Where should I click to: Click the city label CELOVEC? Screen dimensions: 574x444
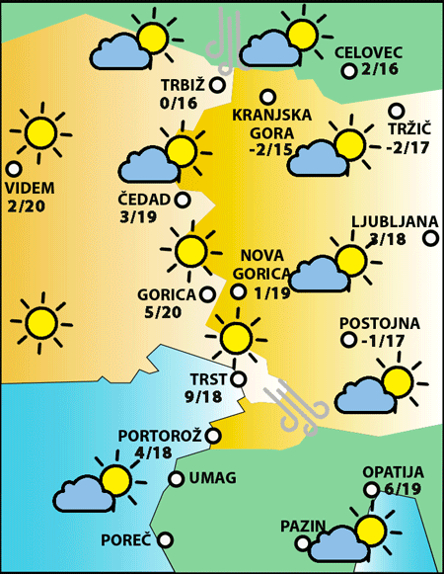point(368,52)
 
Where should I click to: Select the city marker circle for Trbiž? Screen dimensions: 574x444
point(217,85)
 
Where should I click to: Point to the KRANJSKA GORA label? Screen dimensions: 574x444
point(271,123)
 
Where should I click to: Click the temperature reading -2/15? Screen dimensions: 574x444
point(271,149)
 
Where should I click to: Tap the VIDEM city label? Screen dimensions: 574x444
point(30,188)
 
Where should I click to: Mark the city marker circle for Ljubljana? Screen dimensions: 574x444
point(431,237)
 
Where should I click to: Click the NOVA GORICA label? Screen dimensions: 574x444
point(262,263)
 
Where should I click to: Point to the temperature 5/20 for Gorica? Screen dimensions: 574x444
point(163,312)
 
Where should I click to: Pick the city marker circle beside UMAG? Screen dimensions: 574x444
point(176,479)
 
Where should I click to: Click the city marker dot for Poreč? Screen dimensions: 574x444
point(166,540)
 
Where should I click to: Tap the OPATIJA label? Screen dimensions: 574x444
point(393,472)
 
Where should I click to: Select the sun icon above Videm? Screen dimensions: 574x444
point(41,130)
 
